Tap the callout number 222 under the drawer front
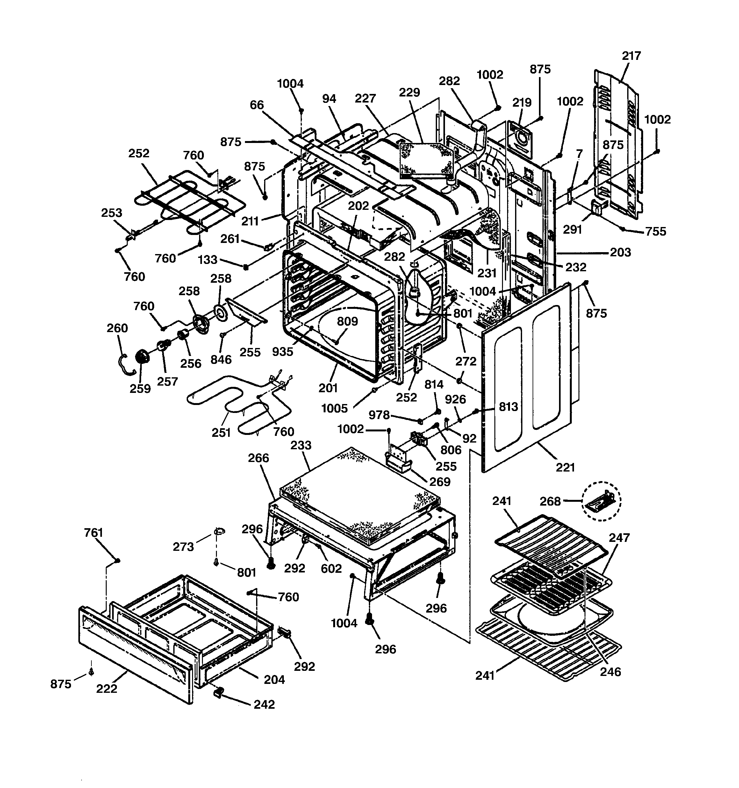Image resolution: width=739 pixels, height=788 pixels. click(x=107, y=689)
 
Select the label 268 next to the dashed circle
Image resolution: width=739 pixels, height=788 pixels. click(x=550, y=501)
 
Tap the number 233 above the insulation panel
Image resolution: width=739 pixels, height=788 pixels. click(x=301, y=445)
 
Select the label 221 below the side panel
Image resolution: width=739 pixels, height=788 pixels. click(x=565, y=468)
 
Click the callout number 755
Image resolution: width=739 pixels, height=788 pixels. click(x=656, y=231)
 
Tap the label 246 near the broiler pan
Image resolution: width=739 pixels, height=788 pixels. click(x=610, y=671)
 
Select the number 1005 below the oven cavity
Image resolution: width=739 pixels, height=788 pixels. click(x=334, y=408)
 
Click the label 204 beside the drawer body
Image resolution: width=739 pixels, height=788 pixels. click(x=274, y=680)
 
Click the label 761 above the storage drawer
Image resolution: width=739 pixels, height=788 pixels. click(x=94, y=533)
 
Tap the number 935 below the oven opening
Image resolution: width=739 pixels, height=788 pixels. click(x=283, y=351)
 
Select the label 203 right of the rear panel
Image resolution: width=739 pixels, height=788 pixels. click(x=620, y=252)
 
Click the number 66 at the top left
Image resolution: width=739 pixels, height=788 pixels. click(x=257, y=105)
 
